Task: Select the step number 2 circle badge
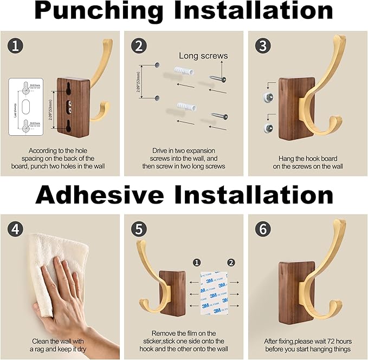pyautogui.click(x=139, y=46)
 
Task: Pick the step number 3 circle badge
pyautogui.click(x=263, y=46)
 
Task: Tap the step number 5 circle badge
pyautogui.click(x=139, y=230)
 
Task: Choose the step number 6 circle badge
pyautogui.click(x=263, y=230)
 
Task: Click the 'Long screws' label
pyautogui.click(x=203, y=56)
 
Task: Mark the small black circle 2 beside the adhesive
pyautogui.click(x=231, y=263)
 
